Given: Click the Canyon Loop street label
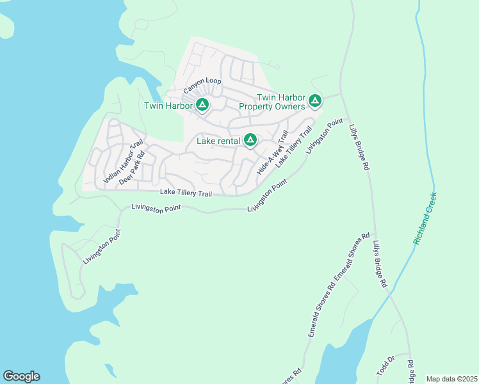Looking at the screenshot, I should point(202,82).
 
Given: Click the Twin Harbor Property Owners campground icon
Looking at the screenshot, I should point(314,100).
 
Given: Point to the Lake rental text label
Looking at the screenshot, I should point(218,141).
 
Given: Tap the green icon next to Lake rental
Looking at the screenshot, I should point(250,140).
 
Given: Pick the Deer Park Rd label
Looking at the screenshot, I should point(133,168).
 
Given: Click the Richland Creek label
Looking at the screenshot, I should point(425,218).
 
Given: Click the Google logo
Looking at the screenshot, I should point(21,376).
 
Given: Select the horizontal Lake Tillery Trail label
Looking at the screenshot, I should point(186,193).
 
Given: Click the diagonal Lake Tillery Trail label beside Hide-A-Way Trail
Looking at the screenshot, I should point(293,147).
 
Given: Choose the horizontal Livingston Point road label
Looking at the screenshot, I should point(156,207).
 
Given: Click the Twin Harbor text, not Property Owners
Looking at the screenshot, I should point(168,106).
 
